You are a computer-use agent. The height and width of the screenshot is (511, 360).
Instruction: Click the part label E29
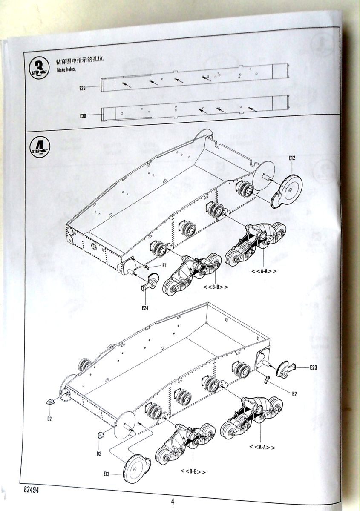coord(82,89)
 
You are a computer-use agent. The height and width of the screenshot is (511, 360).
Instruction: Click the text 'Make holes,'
coord(66,69)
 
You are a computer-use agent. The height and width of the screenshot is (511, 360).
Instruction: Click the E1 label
coord(163,265)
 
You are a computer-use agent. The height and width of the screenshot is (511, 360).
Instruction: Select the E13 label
coord(107,474)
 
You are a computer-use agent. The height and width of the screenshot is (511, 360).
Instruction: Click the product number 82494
coord(27,491)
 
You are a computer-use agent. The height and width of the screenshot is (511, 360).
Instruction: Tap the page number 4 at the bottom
coord(173,501)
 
